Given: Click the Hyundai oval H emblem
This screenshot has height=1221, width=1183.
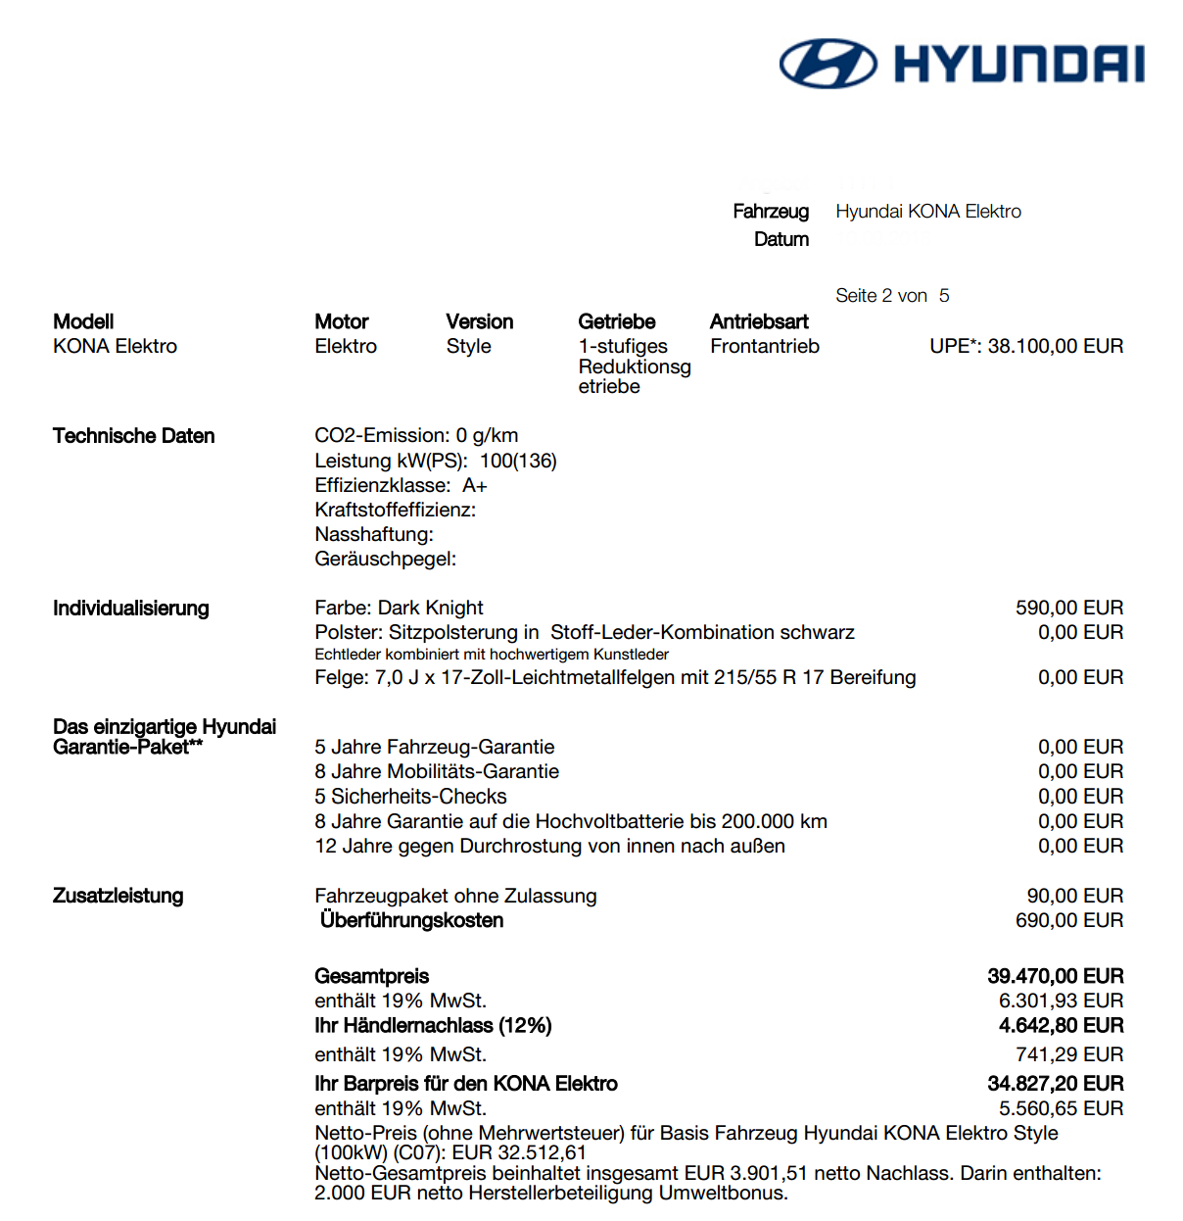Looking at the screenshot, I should click(x=828, y=64).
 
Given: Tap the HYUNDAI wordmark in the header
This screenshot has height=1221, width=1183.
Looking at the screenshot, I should click(x=1018, y=64).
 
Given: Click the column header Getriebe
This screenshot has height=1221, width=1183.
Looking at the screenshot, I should click(x=617, y=321).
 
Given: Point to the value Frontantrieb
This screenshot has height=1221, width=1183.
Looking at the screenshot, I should click(x=765, y=346).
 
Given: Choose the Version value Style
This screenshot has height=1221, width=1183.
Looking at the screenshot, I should click(x=468, y=346).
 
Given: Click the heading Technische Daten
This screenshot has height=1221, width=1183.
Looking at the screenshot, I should click(x=133, y=436).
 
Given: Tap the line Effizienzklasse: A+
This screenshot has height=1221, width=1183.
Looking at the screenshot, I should click(x=401, y=485).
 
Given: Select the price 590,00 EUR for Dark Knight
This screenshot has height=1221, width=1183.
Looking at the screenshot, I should click(x=1069, y=608).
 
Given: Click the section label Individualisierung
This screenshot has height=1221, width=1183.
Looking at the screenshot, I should click(x=130, y=608).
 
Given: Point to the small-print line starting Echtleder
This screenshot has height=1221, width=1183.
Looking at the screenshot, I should click(x=492, y=654).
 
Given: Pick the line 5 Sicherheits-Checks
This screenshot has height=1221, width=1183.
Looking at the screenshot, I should click(x=410, y=797).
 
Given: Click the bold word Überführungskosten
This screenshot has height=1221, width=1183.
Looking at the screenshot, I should click(x=411, y=920).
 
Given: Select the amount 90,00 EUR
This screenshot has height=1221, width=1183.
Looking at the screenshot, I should click(x=1074, y=896).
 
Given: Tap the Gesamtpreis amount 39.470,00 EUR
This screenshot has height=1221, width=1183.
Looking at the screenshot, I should click(x=1055, y=976).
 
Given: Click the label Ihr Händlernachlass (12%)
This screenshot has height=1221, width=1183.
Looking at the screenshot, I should click(x=433, y=1025).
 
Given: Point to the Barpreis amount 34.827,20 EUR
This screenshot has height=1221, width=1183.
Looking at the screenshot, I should click(x=1055, y=1083).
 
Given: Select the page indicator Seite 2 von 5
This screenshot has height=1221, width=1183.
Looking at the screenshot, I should click(x=892, y=296).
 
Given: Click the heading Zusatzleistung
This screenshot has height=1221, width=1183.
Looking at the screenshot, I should click(x=118, y=896).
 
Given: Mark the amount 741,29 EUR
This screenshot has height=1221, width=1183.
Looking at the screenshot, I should click(x=1069, y=1054).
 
